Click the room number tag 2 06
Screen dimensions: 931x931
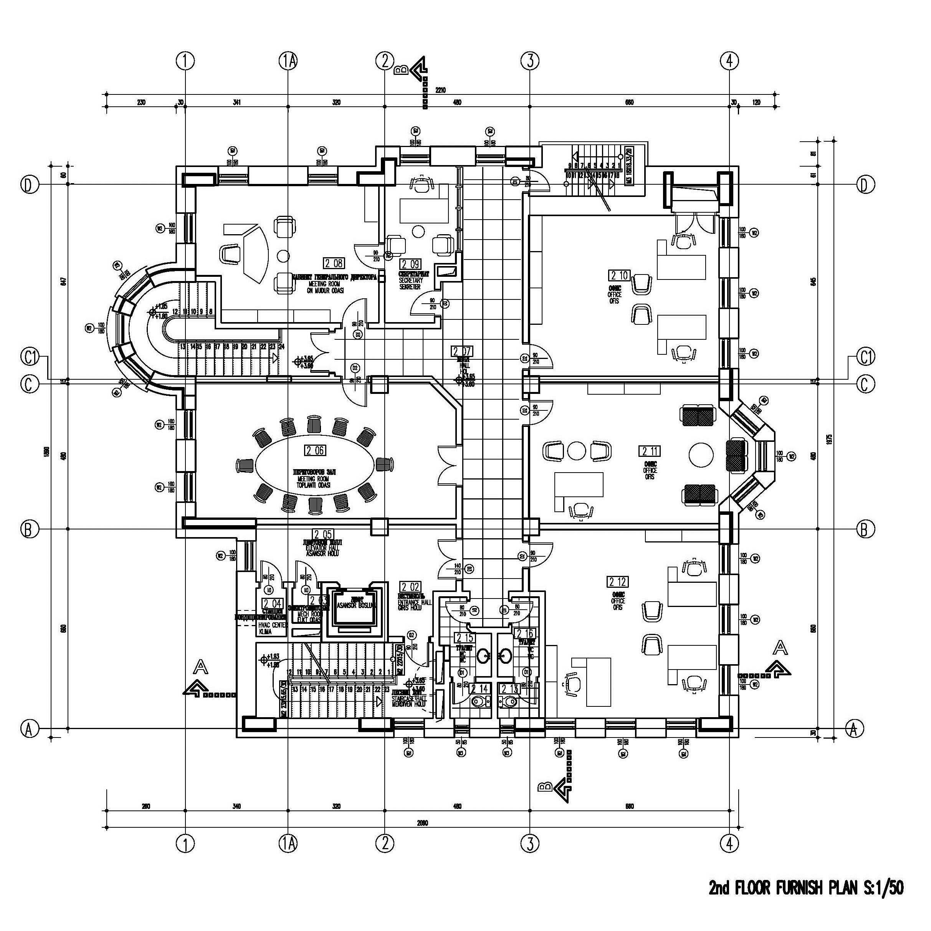315,451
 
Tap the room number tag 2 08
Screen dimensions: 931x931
334,263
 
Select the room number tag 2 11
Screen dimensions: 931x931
650,451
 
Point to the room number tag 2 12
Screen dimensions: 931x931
617,582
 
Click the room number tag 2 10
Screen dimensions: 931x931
619,275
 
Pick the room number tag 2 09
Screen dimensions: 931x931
410,264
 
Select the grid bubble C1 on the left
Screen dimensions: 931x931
30,357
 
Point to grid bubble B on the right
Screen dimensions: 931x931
865,529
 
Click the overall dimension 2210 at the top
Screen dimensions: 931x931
440,89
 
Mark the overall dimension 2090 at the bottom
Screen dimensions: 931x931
423,823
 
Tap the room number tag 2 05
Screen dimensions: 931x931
322,534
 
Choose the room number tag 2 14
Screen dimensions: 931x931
480,689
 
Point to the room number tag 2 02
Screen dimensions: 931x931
410,587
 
